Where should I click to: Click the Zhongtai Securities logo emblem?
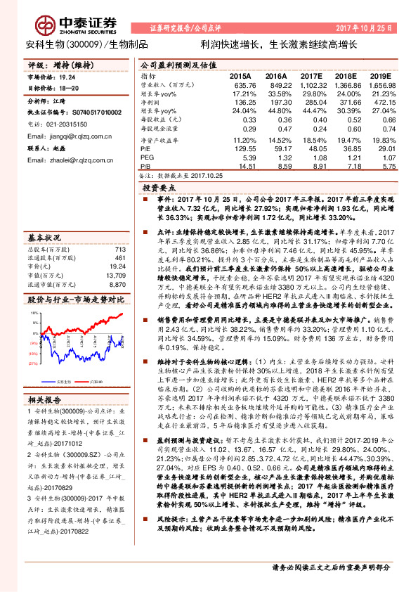coord(46,25)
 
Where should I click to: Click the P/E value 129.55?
coord(242,149)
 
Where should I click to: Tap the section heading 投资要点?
coord(159,189)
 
